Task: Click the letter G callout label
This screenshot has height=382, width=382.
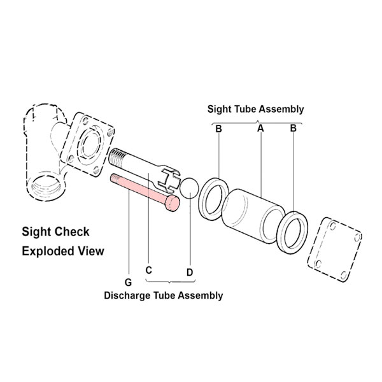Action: tap(128, 282)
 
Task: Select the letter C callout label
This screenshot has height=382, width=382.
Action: tap(148, 270)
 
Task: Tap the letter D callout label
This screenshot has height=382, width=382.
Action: tap(190, 272)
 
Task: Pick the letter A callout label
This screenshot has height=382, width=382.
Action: tap(260, 128)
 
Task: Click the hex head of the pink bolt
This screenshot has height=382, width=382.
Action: tap(173, 203)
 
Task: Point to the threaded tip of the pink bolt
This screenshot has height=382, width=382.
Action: tap(115, 178)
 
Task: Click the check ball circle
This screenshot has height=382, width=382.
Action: tap(189, 188)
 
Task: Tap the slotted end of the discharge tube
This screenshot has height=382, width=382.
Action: tap(169, 178)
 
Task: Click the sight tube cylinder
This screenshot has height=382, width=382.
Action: tap(253, 216)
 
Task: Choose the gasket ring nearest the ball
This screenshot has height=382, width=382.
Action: tap(214, 199)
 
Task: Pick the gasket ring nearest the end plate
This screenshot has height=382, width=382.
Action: tap(292, 232)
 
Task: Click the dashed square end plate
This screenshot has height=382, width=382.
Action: tap(334, 250)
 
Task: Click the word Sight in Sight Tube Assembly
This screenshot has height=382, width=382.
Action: tap(219, 109)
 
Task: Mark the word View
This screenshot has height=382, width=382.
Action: tap(93, 251)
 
